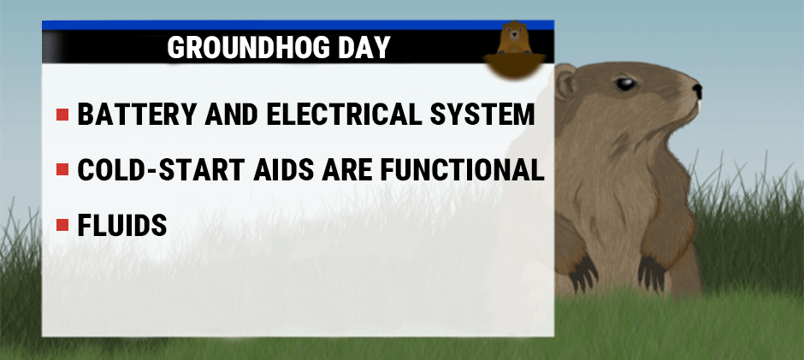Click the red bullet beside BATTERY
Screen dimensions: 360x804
tap(62, 115)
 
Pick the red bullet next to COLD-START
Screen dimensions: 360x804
tap(62, 170)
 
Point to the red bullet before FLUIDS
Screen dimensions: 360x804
tap(62, 226)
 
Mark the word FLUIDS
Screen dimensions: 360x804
tap(121, 226)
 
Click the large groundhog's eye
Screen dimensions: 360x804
tap(627, 84)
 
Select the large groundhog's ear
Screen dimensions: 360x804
tap(565, 83)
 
